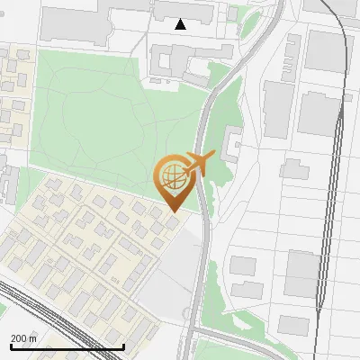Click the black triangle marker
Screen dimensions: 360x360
[x=181, y=24]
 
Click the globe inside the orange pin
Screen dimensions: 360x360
[x=171, y=175]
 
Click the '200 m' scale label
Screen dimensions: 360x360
[x=23, y=337]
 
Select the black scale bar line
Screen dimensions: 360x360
[x=67, y=346]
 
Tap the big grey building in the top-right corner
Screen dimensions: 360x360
[x=324, y=49]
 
